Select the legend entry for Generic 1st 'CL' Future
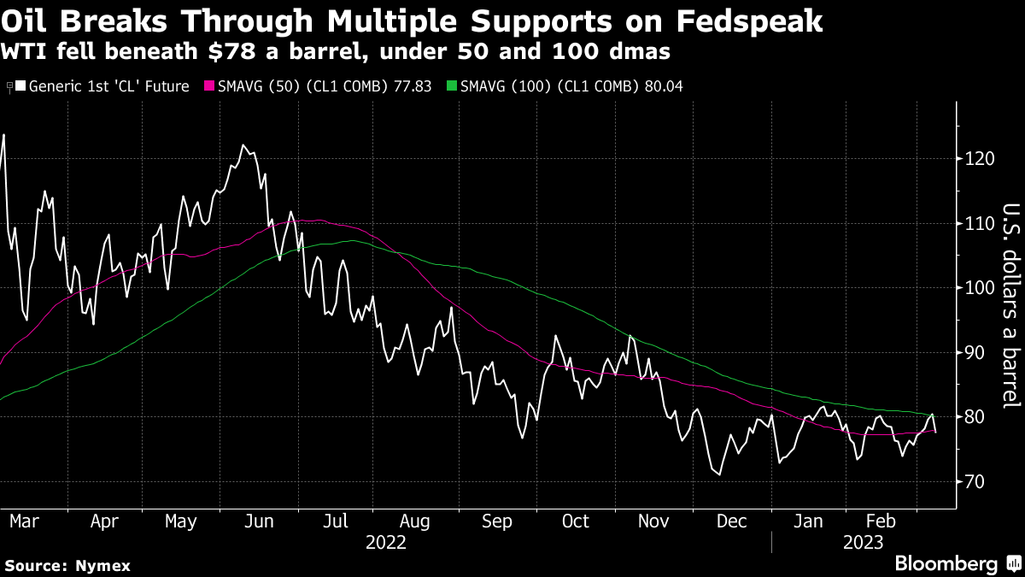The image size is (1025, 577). click(102, 86)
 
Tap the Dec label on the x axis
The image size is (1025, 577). click(732, 521)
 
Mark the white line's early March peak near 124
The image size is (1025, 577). click(3, 135)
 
